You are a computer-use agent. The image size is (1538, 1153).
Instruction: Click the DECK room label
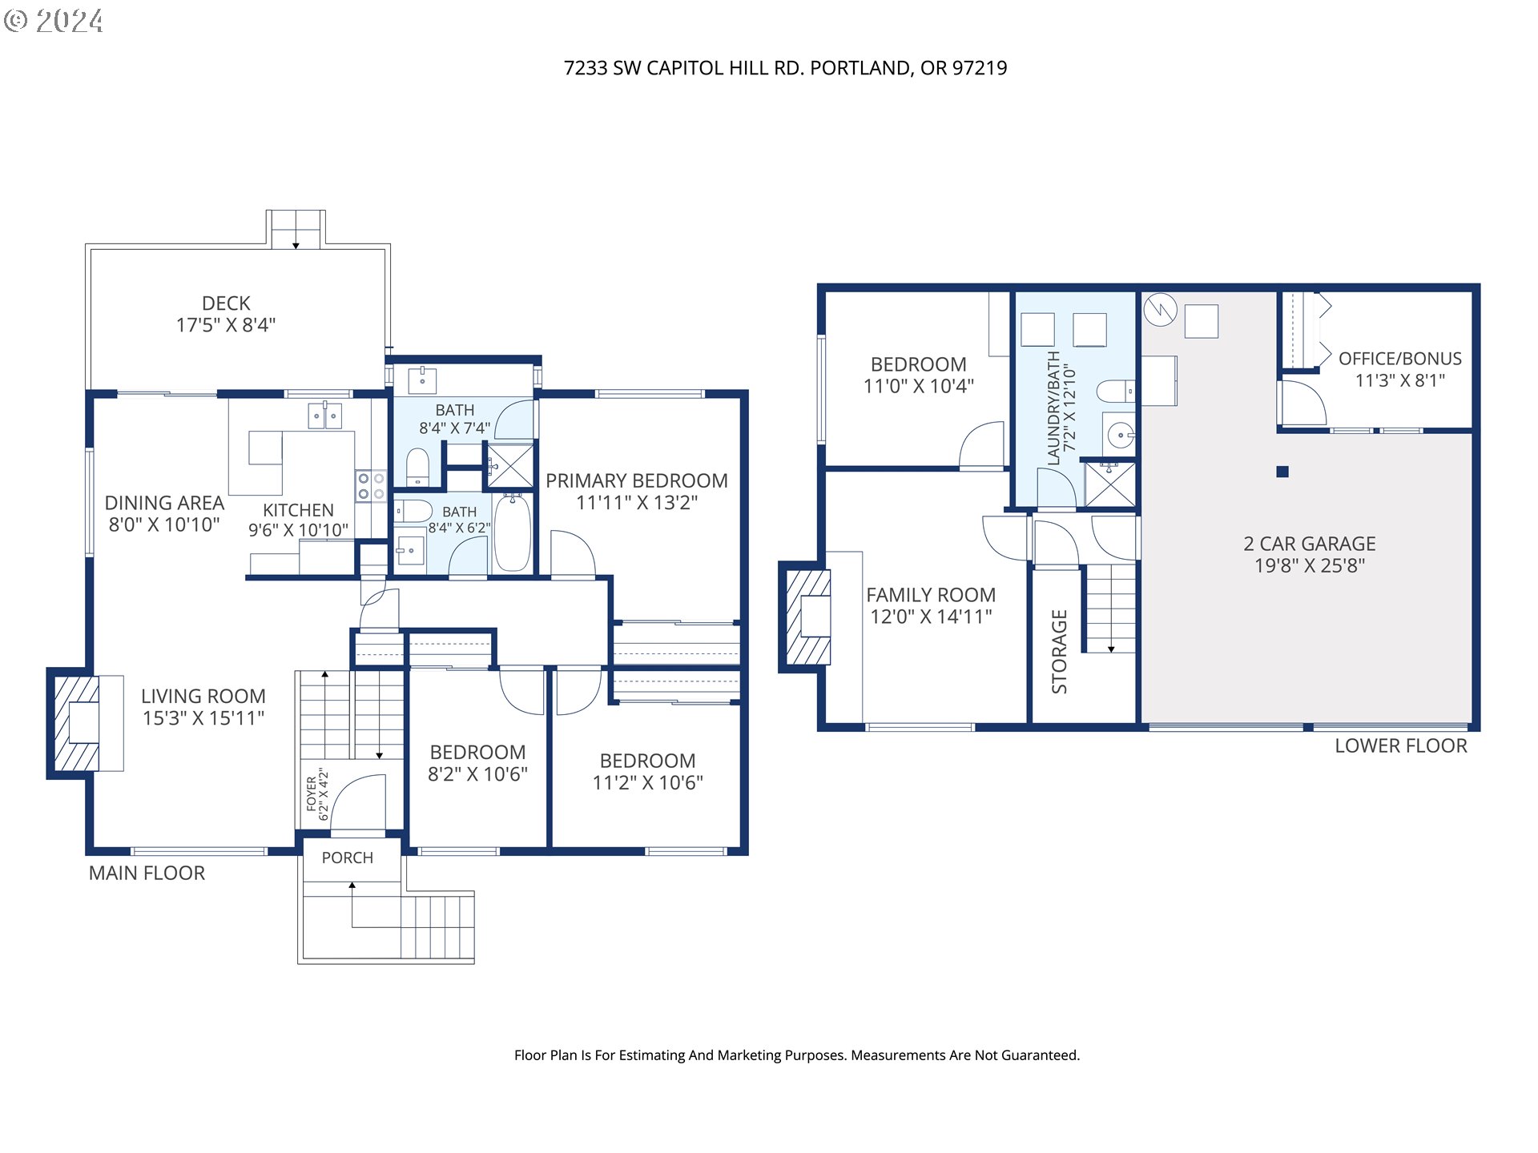(226, 303)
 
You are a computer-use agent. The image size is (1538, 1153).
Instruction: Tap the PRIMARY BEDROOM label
(637, 480)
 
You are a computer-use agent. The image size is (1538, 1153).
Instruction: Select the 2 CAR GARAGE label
(1310, 544)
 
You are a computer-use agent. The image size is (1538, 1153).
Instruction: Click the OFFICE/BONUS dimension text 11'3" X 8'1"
(1400, 380)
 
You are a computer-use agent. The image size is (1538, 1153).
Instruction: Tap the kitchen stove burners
(371, 486)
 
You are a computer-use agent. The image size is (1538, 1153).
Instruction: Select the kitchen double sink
(325, 416)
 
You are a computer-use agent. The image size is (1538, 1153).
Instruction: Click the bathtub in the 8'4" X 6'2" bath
(513, 533)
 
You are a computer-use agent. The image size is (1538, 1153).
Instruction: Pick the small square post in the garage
(1282, 472)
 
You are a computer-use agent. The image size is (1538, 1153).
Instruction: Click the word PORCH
(348, 858)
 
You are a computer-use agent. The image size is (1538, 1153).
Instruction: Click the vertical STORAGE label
(1059, 651)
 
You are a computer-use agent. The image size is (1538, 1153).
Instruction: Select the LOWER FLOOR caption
(1401, 745)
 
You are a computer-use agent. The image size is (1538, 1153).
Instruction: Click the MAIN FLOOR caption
(147, 873)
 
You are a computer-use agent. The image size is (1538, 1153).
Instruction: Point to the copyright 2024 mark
(54, 21)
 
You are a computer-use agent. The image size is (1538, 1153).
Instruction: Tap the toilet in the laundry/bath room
(1116, 392)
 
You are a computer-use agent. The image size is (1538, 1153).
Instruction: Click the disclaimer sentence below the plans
(797, 1055)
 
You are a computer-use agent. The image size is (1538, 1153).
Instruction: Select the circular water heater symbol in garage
(1160, 309)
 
